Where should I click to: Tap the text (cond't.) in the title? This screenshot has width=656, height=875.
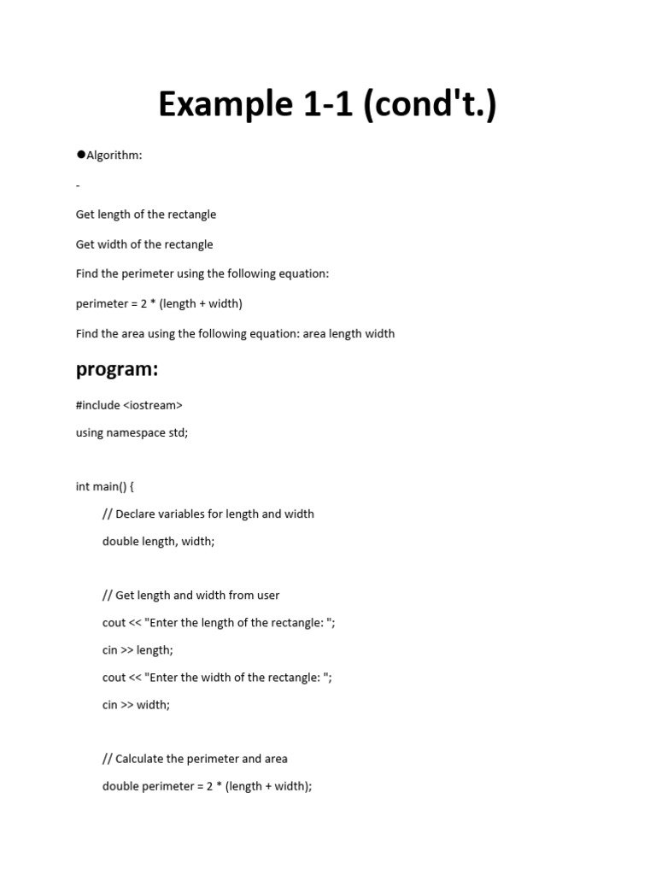point(430,104)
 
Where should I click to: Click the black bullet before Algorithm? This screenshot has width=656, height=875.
point(80,155)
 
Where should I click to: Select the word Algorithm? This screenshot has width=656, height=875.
point(115,156)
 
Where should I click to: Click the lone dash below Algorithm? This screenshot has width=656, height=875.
point(78,185)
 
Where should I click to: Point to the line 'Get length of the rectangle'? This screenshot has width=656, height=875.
point(146,214)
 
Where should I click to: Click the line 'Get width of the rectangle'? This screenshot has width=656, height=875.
point(144,244)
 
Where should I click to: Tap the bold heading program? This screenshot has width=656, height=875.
point(117,369)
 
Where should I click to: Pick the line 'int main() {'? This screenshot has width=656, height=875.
point(105,486)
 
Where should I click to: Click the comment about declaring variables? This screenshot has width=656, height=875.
point(208,514)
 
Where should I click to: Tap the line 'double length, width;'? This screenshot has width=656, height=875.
point(158,541)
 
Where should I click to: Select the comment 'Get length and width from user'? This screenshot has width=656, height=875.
point(191,595)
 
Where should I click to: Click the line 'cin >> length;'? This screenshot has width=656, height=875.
point(138,649)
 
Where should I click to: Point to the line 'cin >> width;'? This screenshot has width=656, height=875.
point(136,704)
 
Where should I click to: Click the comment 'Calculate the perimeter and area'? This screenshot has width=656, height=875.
point(195,759)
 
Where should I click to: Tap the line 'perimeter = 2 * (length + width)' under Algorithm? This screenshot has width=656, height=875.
point(159,303)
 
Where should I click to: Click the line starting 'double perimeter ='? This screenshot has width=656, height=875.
point(207,786)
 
